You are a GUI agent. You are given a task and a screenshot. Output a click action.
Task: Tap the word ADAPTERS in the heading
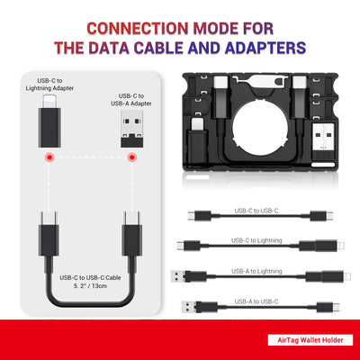(265, 48)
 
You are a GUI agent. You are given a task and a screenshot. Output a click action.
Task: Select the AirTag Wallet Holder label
(310, 340)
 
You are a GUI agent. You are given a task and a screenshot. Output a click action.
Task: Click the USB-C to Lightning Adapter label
(49, 85)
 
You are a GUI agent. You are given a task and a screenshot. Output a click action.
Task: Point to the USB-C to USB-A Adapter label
(131, 100)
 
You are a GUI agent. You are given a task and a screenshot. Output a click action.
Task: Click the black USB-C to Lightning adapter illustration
(49, 121)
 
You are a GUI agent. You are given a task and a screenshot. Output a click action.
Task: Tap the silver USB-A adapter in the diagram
(131, 129)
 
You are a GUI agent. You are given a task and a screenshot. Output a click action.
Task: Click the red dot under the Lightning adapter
(49, 157)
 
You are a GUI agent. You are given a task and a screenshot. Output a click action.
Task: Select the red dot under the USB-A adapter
(131, 157)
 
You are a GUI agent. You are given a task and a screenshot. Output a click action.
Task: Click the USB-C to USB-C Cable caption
(90, 277)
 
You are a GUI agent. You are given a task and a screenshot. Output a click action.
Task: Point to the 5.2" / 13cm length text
(90, 286)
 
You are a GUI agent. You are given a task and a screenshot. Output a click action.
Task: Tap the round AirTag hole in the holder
(260, 129)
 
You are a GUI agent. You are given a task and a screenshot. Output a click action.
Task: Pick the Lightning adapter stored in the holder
(198, 140)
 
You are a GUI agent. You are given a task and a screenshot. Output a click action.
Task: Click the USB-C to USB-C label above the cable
(256, 211)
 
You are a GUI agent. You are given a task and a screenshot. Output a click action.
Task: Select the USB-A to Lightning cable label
(256, 271)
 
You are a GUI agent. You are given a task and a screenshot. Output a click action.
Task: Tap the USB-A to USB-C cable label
(256, 301)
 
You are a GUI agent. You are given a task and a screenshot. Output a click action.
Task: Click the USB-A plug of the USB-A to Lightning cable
(178, 276)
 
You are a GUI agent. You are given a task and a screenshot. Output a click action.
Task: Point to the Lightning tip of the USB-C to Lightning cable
(341, 246)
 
